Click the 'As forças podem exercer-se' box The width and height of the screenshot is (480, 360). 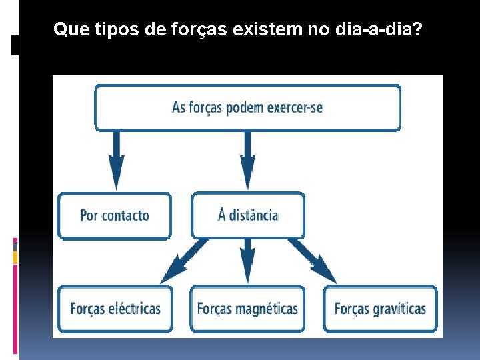[247, 107]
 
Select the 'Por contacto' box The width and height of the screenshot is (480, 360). [115, 215]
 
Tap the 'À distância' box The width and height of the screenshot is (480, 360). [248, 215]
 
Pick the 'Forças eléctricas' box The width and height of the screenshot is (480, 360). [115, 309]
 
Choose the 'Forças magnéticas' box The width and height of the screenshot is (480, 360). [247, 309]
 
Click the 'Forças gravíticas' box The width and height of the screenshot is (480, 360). [380, 309]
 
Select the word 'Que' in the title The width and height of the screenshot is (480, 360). [67, 29]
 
